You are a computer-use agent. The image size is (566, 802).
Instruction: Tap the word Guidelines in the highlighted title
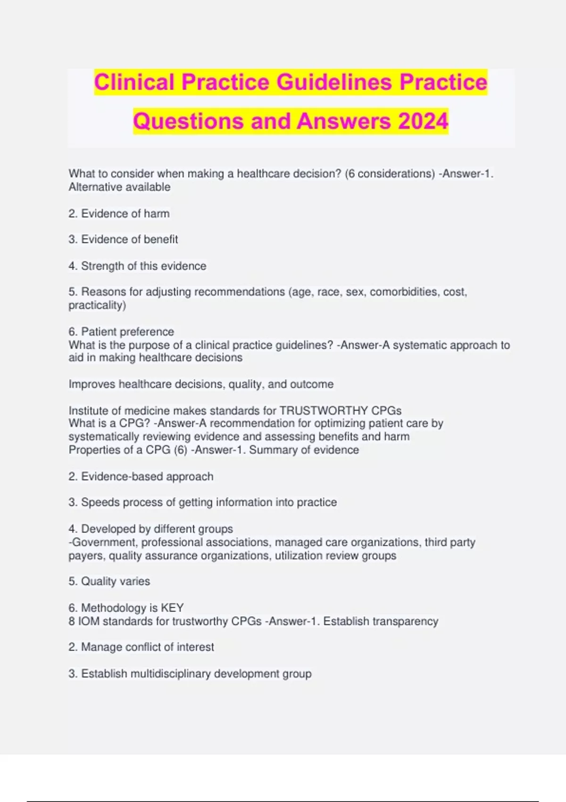(334, 82)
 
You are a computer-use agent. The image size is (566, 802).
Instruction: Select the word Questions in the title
(188, 121)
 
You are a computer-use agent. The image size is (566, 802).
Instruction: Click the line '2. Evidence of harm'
(119, 214)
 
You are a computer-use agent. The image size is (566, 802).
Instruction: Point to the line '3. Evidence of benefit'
(123, 240)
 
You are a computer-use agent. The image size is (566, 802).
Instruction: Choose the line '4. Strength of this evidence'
(137, 266)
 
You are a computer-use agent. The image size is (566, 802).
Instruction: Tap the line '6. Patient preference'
(121, 332)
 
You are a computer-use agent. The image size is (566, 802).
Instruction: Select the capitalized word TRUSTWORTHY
(324, 410)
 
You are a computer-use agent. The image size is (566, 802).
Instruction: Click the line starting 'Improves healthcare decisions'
(201, 384)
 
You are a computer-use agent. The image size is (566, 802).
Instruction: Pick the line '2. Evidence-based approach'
(141, 476)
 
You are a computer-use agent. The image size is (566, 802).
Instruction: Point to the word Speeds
(97, 502)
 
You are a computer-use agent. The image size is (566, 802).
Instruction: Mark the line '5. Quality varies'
(109, 581)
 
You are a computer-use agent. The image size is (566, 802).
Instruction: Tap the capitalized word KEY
(172, 608)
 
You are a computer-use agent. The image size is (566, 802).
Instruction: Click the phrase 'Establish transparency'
(381, 621)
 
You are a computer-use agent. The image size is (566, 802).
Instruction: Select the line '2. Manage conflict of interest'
(141, 647)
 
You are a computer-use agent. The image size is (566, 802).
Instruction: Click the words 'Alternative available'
(119, 187)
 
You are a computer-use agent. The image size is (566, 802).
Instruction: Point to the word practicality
(96, 305)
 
